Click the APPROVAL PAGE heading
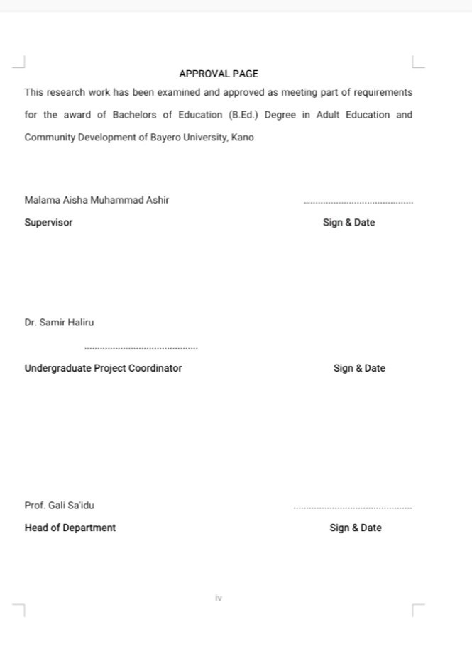[219, 74]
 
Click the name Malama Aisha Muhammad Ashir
[97, 200]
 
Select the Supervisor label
[48, 223]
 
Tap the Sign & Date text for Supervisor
[348, 223]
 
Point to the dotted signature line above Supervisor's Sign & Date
[358, 204]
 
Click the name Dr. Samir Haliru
[59, 323]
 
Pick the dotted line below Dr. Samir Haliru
[141, 348]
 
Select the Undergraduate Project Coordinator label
[103, 368]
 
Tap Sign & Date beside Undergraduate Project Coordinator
[359, 368]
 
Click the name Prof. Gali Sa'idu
[59, 506]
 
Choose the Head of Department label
[70, 528]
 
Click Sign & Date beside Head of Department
[355, 528]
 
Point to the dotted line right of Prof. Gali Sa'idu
[352, 508]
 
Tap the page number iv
[219, 599]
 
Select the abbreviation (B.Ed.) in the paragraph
[243, 115]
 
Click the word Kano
[242, 138]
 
